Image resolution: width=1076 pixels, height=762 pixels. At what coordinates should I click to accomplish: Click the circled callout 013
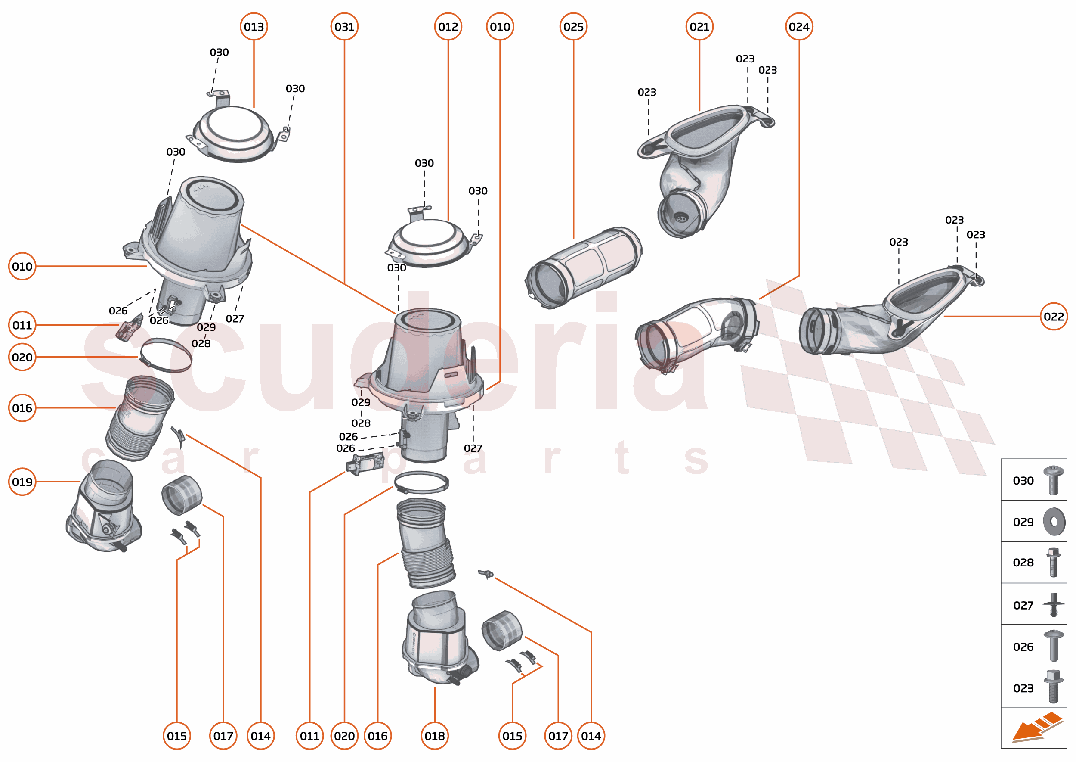[254, 27]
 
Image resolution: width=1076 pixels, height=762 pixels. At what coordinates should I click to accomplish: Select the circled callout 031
[344, 27]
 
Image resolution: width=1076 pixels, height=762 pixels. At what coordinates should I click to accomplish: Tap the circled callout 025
[573, 27]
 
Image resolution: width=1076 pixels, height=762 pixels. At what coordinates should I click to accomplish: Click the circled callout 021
[699, 27]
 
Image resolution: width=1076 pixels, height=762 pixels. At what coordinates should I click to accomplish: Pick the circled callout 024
[798, 27]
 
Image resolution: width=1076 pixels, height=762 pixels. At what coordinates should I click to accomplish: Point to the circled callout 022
[1053, 316]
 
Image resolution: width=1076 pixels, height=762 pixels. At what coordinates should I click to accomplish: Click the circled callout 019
[22, 482]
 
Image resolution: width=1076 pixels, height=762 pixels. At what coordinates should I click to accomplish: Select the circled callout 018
[434, 736]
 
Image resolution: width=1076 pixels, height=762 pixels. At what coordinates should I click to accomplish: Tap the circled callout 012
[448, 27]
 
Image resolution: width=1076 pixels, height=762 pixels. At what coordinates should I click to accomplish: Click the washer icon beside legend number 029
[1054, 521]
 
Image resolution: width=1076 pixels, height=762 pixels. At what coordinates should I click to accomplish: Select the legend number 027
[1023, 605]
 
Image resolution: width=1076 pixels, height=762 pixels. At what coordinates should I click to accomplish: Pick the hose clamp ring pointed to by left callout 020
[166, 355]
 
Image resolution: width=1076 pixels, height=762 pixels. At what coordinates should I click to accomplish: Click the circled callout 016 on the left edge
[22, 408]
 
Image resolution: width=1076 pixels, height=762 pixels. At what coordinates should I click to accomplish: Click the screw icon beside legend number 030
[1053, 480]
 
